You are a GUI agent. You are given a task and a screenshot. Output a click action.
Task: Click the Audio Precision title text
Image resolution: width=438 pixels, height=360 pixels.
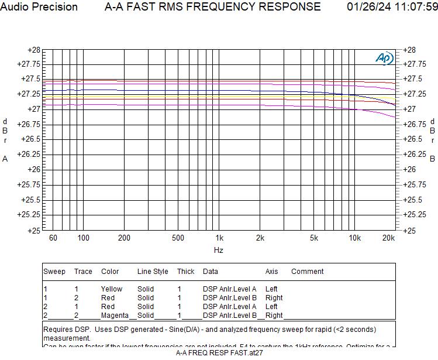click(39, 7)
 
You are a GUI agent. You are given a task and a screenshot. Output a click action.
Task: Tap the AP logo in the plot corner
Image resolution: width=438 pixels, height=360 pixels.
click(384, 58)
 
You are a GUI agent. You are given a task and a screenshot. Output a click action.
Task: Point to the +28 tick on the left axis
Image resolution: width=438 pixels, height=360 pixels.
click(34, 50)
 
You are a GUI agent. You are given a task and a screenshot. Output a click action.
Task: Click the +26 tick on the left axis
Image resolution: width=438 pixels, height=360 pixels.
click(34, 169)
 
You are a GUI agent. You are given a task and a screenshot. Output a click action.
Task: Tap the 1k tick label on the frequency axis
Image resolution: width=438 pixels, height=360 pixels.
click(219, 238)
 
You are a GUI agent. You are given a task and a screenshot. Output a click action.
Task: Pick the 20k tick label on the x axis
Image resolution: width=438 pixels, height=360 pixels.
click(388, 238)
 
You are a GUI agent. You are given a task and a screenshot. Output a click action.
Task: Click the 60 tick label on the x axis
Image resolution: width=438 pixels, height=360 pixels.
click(53, 238)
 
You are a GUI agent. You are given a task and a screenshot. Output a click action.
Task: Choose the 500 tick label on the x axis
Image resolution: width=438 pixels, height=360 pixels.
click(178, 238)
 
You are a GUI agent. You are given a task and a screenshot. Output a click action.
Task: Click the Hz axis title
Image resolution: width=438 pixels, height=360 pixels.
click(218, 250)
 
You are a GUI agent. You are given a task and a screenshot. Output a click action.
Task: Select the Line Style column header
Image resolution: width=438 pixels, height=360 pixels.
click(153, 272)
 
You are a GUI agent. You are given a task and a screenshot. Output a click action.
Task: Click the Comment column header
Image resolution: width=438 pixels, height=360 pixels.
click(307, 272)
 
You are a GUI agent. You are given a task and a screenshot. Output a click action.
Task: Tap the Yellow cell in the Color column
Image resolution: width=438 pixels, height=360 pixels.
click(112, 289)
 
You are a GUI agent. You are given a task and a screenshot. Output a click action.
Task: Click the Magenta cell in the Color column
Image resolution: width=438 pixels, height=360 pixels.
click(115, 316)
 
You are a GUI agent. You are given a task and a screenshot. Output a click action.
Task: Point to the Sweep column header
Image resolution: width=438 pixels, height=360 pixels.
click(54, 272)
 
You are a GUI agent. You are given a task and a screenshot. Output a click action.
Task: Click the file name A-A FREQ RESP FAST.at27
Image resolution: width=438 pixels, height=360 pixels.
click(219, 353)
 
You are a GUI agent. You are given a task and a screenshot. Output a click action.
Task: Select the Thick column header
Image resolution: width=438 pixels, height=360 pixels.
click(186, 272)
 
